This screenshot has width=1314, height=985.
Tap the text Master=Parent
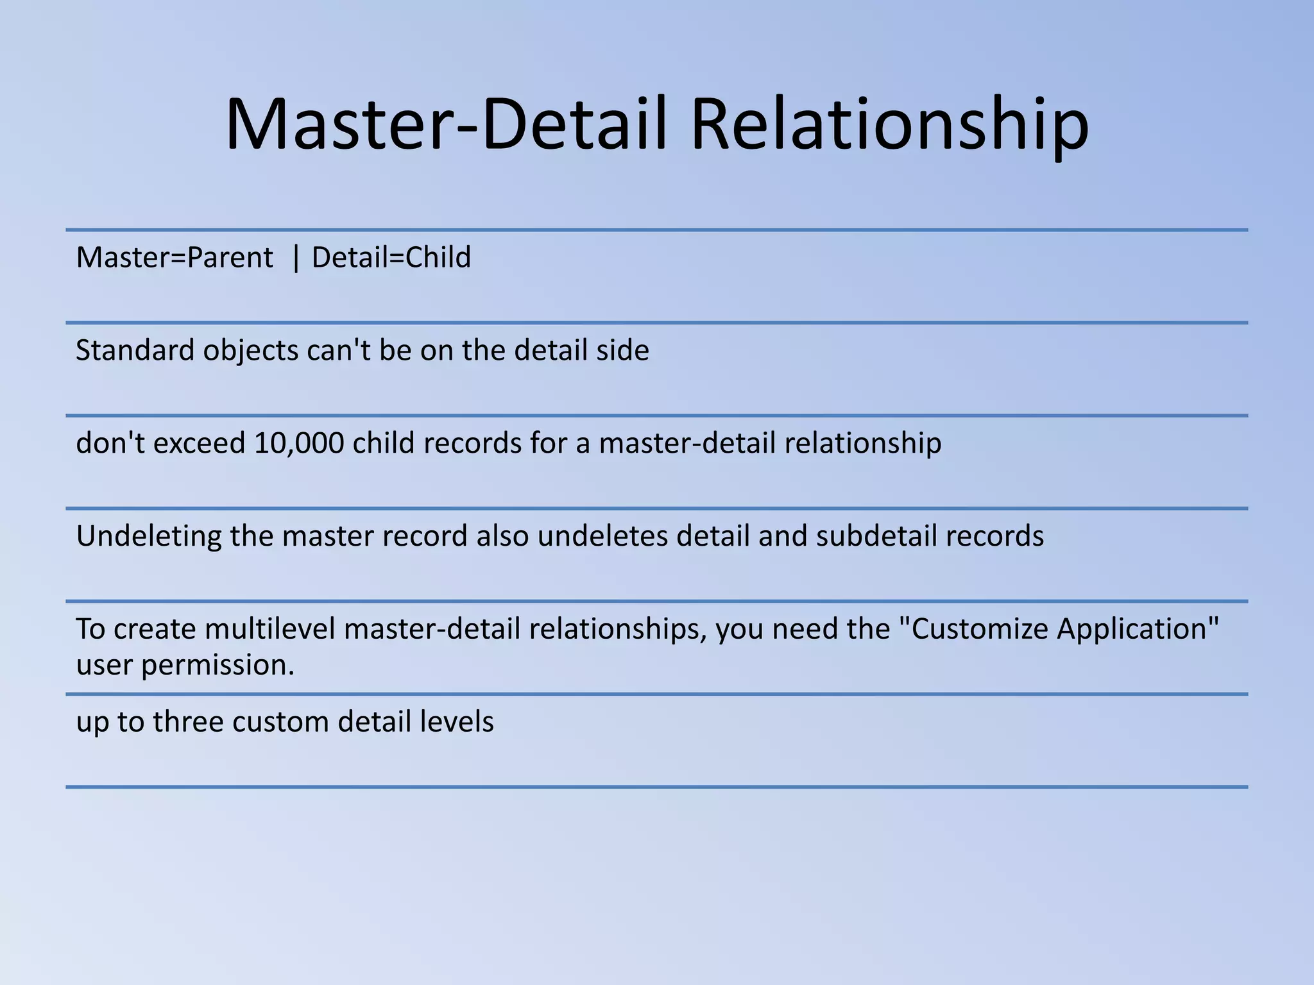[x=175, y=258]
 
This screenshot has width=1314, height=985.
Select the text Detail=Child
[x=391, y=258]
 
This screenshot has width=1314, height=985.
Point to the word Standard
[x=135, y=351]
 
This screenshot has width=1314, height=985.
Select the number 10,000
[x=299, y=443]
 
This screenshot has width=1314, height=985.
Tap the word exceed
[x=199, y=443]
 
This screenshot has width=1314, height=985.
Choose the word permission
[x=218, y=666]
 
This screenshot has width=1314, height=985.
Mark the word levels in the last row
[x=457, y=722]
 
